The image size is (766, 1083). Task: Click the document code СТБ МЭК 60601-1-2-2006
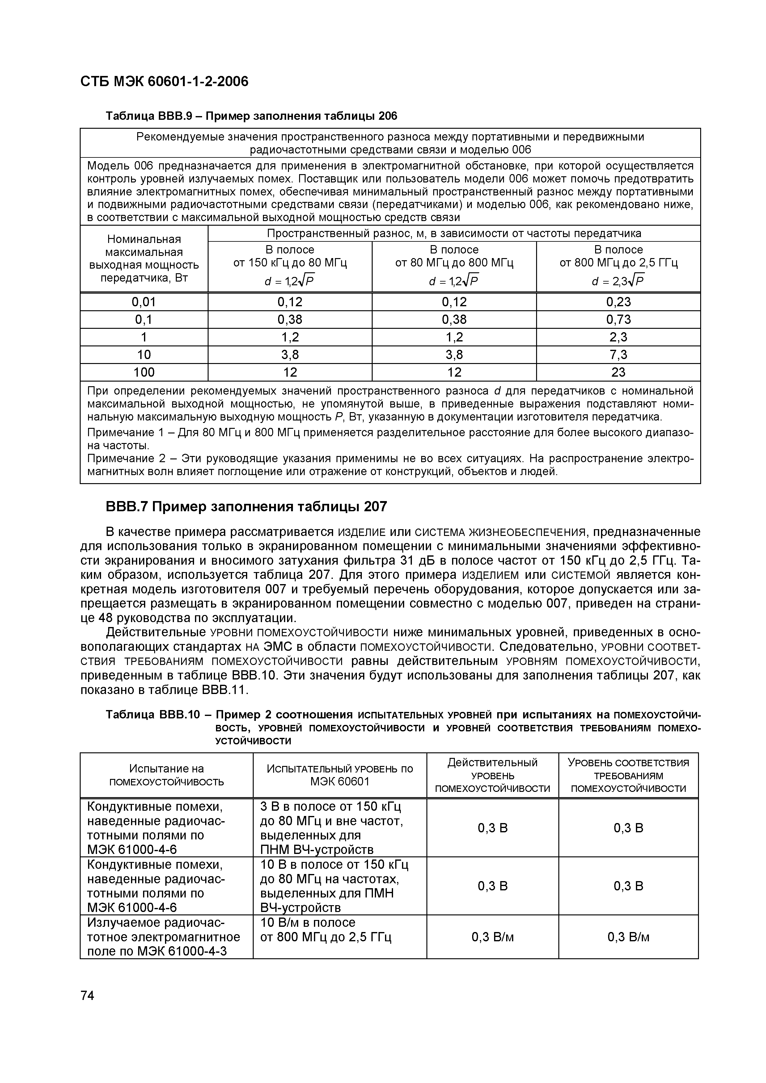tap(164, 82)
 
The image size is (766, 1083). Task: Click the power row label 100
tap(144, 372)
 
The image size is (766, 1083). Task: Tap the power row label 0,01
tap(144, 302)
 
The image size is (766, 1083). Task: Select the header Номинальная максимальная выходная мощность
tap(144, 258)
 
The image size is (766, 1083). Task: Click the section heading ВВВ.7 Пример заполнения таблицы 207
tap(246, 507)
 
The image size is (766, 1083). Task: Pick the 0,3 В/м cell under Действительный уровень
tap(492, 937)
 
